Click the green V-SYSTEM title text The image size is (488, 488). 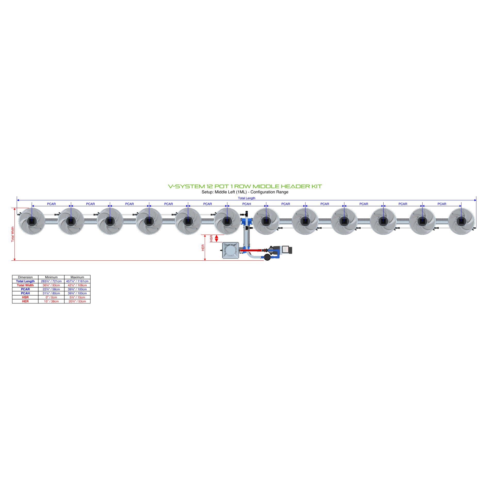(x=245, y=186)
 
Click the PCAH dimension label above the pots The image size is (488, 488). (x=246, y=204)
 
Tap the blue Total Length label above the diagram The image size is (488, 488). (x=246, y=198)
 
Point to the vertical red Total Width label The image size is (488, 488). (x=13, y=234)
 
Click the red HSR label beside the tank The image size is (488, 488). (x=211, y=238)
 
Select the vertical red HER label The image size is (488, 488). (x=203, y=248)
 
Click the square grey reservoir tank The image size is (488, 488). (x=230, y=250)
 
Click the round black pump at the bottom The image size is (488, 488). (x=267, y=257)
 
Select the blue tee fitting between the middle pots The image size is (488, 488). (x=247, y=221)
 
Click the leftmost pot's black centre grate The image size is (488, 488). (x=32, y=221)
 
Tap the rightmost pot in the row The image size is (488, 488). (x=461, y=221)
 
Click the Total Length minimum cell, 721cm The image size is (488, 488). (x=51, y=281)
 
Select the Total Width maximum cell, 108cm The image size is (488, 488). (x=77, y=285)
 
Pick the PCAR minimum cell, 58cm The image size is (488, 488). (x=51, y=289)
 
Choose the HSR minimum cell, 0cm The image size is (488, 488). (x=51, y=297)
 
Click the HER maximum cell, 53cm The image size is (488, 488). (x=77, y=301)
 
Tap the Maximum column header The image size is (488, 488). (x=77, y=277)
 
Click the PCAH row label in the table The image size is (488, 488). (x=25, y=293)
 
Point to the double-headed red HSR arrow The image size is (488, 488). (x=217, y=238)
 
